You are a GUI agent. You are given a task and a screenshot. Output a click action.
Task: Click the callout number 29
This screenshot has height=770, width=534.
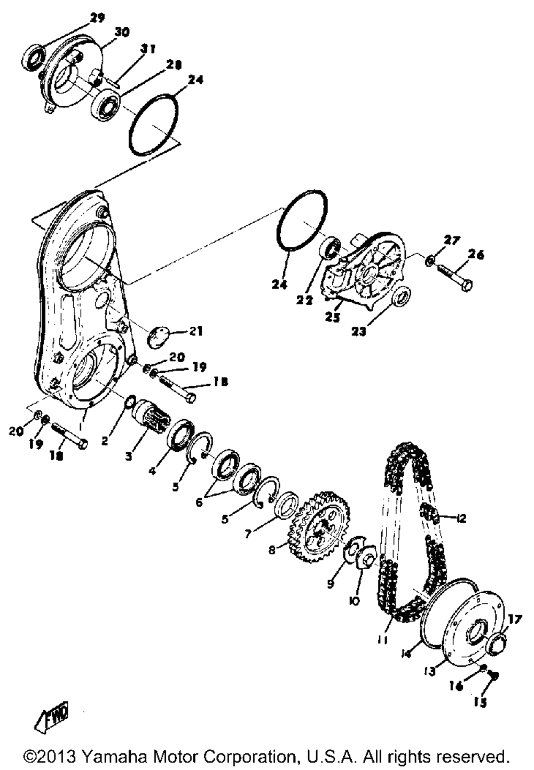[x=98, y=18]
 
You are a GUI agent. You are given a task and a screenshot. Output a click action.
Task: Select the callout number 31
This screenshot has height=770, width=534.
[x=148, y=50]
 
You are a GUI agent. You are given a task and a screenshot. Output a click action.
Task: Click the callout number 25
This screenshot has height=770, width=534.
[x=333, y=317]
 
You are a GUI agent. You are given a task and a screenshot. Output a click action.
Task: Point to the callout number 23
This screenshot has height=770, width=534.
[x=359, y=332]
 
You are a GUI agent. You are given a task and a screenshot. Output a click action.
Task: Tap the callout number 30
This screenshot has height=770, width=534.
[x=122, y=33]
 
